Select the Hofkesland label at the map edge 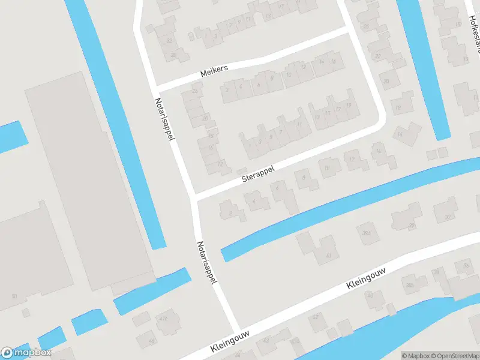pyautogui.click(x=474, y=27)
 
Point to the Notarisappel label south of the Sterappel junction pyautogui.click(x=207, y=263)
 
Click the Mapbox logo pyautogui.click(x=26, y=353)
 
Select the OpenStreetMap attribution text pyautogui.click(x=457, y=356)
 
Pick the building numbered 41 pyautogui.click(x=328, y=255)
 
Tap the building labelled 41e pyautogui.click(x=163, y=319)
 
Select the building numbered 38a pyautogui.click(x=410, y=286)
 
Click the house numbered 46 pyautogui.click(x=152, y=340)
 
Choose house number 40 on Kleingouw pyautogui.click(x=370, y=295)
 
